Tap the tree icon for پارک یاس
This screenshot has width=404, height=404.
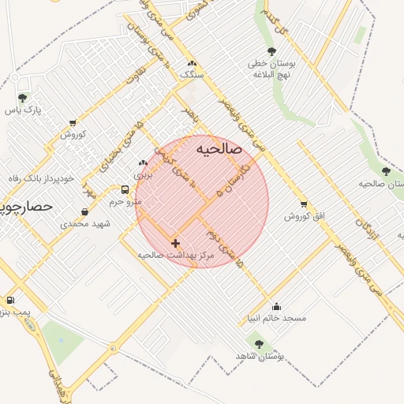tap(22, 98)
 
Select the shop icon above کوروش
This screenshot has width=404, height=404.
tap(73, 122)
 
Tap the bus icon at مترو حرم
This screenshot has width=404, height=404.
tap(125, 189)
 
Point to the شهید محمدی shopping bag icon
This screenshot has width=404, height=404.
tap(85, 211)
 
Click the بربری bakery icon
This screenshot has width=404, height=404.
tap(143, 163)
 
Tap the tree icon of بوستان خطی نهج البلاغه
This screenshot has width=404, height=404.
tap(271, 52)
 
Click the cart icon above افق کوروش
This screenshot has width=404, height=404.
tap(304, 204)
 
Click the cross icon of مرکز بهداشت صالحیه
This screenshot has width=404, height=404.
tap(175, 243)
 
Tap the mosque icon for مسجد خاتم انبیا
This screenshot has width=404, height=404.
tap(276, 307)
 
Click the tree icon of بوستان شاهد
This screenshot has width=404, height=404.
tap(258, 343)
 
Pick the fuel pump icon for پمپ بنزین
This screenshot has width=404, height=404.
tap(9, 301)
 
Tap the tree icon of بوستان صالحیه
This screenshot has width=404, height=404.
tap(386, 171)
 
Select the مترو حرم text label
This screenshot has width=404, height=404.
tap(125, 202)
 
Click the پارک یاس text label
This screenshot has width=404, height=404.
tap(23, 110)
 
